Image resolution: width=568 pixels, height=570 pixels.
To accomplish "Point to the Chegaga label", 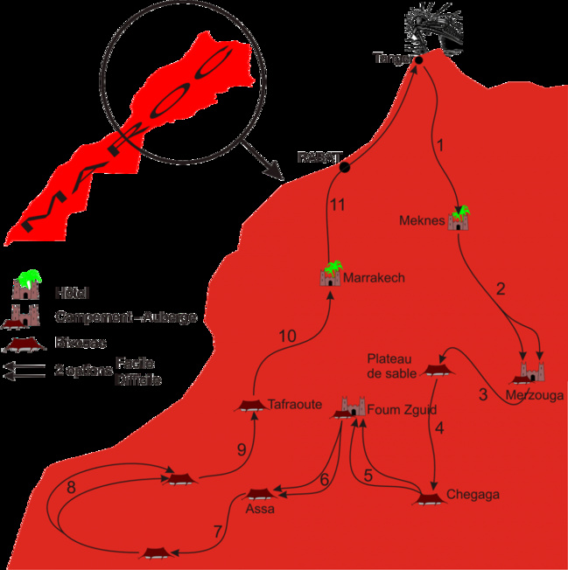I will click(x=473, y=495).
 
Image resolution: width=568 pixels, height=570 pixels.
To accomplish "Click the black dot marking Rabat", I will click(x=344, y=167).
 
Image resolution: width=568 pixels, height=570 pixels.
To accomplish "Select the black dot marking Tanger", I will click(x=418, y=60).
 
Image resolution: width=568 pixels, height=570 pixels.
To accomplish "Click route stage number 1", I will click(x=440, y=146).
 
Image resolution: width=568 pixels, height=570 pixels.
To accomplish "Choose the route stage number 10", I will click(x=287, y=336).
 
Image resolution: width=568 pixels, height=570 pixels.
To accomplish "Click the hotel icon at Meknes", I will click(x=459, y=219).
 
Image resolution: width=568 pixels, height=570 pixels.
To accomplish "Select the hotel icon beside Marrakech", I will click(x=331, y=275).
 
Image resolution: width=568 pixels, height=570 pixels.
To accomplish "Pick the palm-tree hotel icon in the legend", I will click(x=25, y=288).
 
